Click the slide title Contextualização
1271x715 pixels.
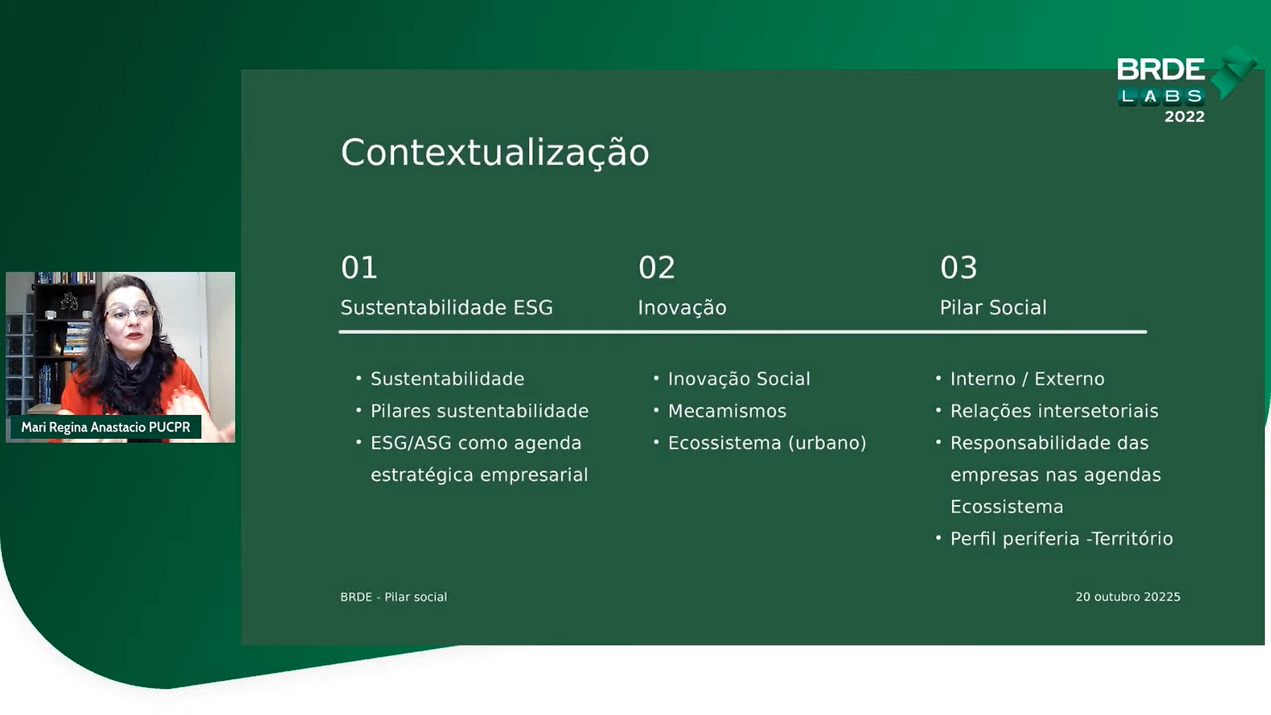[494, 153]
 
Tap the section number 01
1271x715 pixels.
[359, 267]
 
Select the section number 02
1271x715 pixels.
[657, 267]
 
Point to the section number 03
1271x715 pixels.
[959, 267]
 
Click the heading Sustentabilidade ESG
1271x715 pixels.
[447, 307]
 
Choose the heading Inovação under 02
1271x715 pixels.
[683, 307]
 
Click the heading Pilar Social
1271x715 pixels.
[994, 307]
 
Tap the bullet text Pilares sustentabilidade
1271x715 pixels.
[479, 411]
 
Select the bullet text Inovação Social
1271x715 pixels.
[739, 379]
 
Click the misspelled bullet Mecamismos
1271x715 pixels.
[727, 411]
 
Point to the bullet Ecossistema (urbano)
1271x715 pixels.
[767, 443]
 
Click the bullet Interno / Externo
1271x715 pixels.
[1027, 379]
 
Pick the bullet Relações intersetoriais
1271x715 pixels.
[1055, 411]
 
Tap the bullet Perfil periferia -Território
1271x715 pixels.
[1062, 539]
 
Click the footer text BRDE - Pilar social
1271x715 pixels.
[394, 597]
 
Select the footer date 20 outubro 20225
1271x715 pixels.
[1128, 597]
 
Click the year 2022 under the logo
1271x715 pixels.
[1184, 117]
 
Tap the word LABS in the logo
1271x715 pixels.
[1162, 97]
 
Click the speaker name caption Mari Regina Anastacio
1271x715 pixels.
[83, 428]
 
